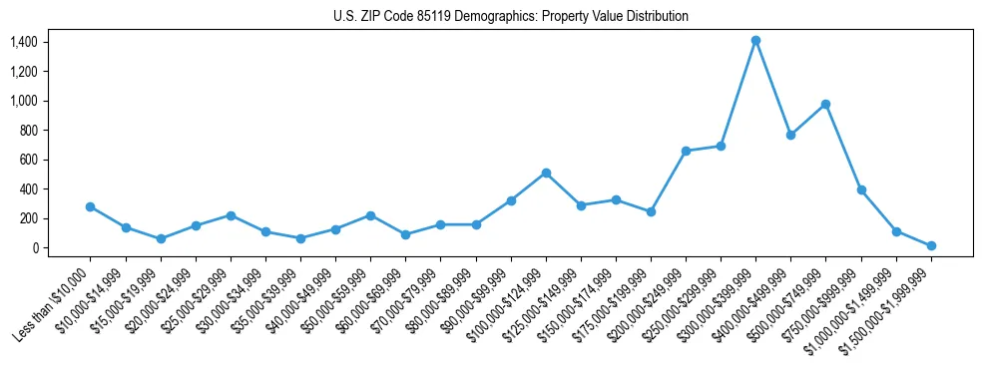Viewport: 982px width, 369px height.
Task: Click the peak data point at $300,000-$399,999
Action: click(755, 41)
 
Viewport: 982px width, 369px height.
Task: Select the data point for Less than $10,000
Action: click(90, 206)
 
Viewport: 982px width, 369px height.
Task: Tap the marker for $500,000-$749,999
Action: click(825, 104)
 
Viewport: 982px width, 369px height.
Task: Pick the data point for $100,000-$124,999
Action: click(546, 173)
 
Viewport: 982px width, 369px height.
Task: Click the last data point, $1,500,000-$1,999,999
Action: click(931, 245)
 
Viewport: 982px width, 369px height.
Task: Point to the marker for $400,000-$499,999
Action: click(790, 135)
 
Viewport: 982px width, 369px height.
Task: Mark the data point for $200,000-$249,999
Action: click(686, 151)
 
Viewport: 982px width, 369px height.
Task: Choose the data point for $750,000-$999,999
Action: click(860, 189)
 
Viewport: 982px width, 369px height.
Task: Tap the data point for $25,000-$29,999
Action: click(231, 215)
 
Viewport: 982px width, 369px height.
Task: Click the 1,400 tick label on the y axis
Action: click(23, 42)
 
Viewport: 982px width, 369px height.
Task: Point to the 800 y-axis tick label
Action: click(28, 131)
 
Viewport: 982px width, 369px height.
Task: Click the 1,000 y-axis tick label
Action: click(23, 101)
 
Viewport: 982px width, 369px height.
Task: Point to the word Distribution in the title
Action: click(656, 17)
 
